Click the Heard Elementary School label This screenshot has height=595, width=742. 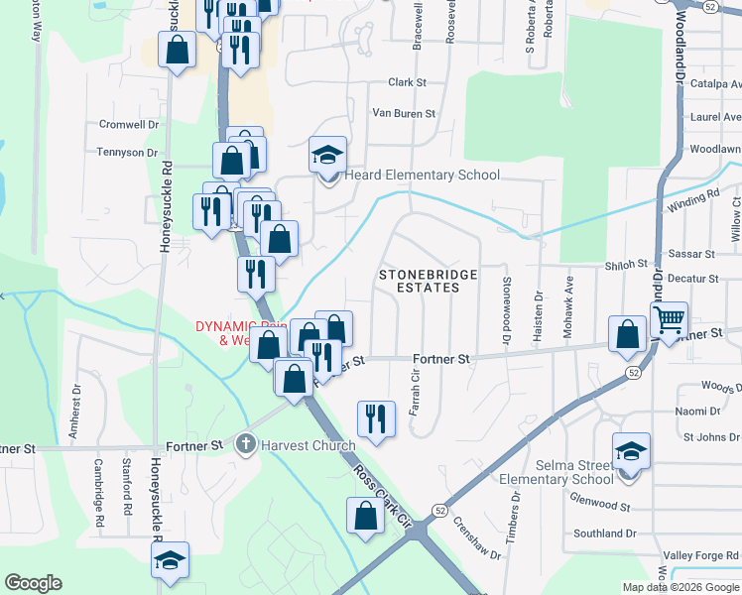tap(422, 176)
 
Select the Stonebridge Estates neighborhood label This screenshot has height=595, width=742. tap(428, 280)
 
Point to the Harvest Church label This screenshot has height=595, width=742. tap(308, 445)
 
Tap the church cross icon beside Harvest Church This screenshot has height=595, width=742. tap(246, 445)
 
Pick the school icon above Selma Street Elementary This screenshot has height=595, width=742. tap(631, 451)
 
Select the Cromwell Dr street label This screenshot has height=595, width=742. tap(128, 125)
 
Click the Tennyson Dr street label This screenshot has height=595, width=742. tap(127, 153)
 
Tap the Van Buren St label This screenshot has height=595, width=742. tap(403, 114)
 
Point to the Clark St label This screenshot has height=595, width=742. tap(407, 83)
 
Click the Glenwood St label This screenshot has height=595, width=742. tap(601, 506)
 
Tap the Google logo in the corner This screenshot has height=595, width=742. tap(33, 583)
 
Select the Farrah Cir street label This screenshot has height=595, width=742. tap(416, 389)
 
